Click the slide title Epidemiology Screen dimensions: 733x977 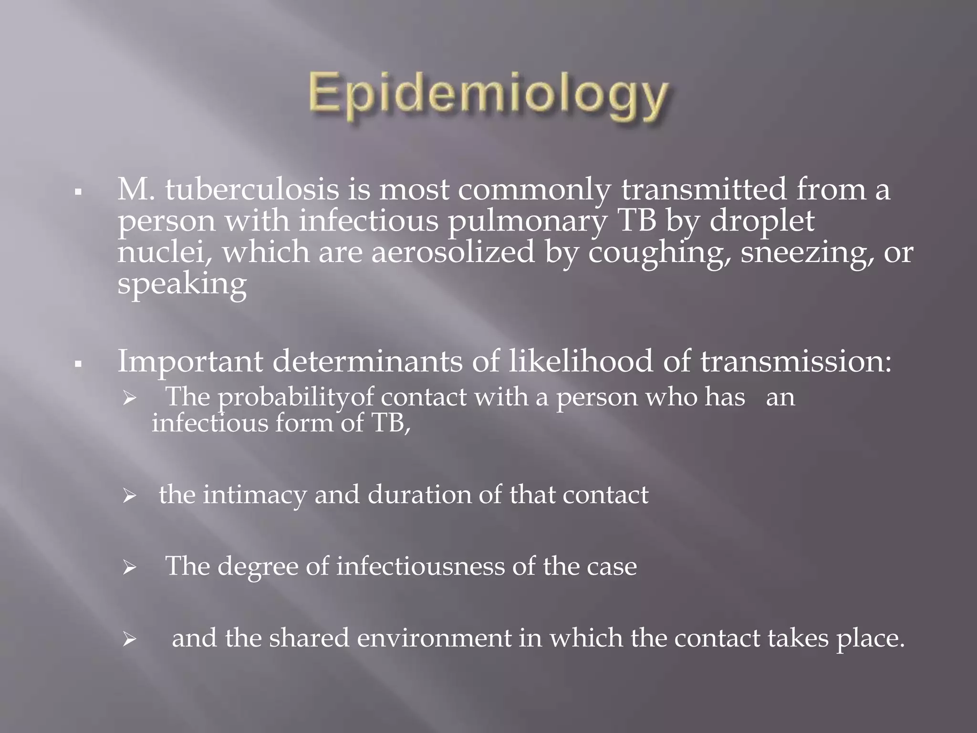pyautogui.click(x=488, y=97)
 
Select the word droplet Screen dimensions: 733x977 pyautogui.click(x=762, y=221)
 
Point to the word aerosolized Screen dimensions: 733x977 pyautogui.click(x=453, y=252)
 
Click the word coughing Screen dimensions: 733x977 pyautogui.click(x=660, y=253)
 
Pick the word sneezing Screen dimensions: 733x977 pyautogui.click(x=807, y=253)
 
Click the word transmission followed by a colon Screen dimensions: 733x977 pyautogui.click(x=795, y=362)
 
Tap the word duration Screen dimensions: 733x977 pyautogui.click(x=419, y=495)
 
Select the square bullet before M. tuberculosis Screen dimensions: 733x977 pyautogui.click(x=78, y=193)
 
